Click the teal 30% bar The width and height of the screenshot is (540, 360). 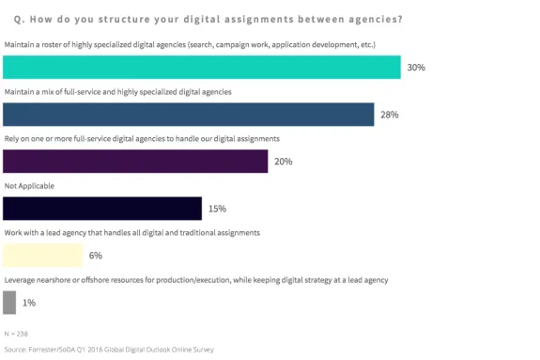coord(202,68)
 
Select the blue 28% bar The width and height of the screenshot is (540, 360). coord(189,115)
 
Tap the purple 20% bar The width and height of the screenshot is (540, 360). coord(135,162)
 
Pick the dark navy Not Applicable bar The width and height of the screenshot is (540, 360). coord(102,209)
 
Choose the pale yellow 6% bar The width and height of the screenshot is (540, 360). coord(43,255)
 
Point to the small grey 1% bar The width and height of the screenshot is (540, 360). coord(9,302)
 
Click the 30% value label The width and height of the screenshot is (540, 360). coord(415,68)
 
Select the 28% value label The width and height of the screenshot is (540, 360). coord(389,115)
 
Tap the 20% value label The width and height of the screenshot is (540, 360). coord(283,162)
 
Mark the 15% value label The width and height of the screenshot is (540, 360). coord(217,209)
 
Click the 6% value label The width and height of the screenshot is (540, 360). coord(96,255)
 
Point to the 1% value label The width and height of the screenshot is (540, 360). coord(28,302)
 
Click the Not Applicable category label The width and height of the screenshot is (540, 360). coord(29,186)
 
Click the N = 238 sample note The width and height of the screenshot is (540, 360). coord(17,333)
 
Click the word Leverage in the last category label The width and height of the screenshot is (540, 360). coord(21,279)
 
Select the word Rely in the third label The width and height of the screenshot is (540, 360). coord(12,138)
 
